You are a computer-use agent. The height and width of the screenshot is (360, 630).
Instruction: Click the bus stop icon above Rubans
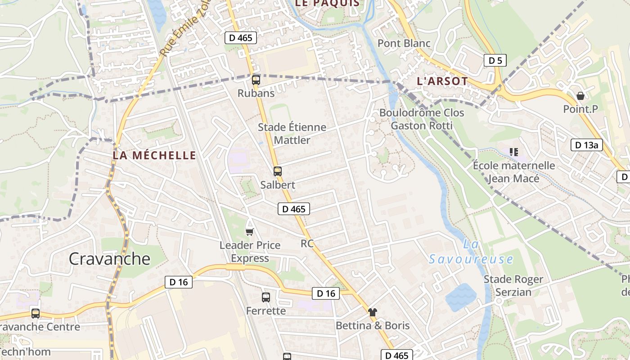click(x=256, y=80)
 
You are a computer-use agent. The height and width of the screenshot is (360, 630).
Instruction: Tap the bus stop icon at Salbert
click(x=278, y=171)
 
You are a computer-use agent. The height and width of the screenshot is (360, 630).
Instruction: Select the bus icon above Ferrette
click(x=266, y=297)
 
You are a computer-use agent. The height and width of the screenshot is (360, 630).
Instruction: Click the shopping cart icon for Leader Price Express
click(x=250, y=232)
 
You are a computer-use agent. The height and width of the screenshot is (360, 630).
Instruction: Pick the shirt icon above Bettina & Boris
click(x=373, y=312)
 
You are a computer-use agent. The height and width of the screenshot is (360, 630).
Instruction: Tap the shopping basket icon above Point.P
click(x=580, y=96)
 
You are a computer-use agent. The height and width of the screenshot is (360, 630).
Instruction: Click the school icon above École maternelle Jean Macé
click(x=514, y=152)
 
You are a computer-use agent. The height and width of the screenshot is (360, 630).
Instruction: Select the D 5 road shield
click(x=495, y=60)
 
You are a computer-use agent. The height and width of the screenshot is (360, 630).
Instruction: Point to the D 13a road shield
click(x=587, y=145)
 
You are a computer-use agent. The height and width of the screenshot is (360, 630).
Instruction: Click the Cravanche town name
click(x=109, y=259)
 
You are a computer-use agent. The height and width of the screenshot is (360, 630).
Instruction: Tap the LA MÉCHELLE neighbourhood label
click(x=154, y=156)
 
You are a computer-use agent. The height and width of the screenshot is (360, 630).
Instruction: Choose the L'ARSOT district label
click(x=442, y=81)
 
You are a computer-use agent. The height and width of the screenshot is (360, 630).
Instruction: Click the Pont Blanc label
click(x=404, y=44)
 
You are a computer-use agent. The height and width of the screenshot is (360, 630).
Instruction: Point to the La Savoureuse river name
click(x=471, y=252)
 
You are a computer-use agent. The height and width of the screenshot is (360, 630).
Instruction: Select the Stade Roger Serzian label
click(x=513, y=286)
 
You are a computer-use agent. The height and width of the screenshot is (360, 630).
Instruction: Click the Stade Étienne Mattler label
click(x=292, y=134)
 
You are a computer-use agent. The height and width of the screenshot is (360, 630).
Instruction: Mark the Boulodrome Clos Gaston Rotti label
click(x=422, y=119)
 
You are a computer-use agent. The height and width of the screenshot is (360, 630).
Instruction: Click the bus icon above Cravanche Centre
click(x=36, y=313)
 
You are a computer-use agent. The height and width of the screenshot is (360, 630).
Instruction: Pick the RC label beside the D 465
click(x=307, y=243)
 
